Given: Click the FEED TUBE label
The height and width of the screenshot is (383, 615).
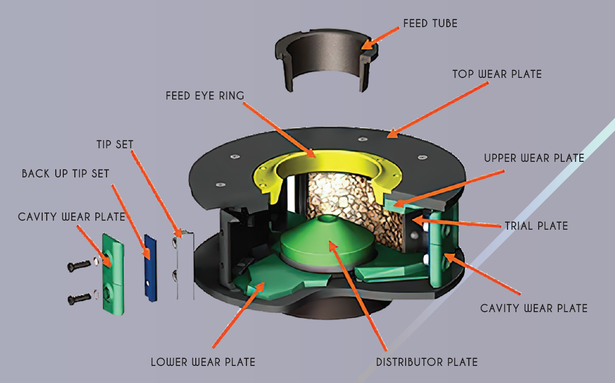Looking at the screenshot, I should pyautogui.click(x=430, y=23).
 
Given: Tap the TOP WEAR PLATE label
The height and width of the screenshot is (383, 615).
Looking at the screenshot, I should pyautogui.click(x=497, y=74).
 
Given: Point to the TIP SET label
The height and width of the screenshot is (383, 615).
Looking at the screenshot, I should pyautogui.click(x=115, y=145).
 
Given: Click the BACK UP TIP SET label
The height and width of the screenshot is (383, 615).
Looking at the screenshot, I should pyautogui.click(x=65, y=174).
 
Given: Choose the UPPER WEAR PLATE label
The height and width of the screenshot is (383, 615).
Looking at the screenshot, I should pyautogui.click(x=534, y=158).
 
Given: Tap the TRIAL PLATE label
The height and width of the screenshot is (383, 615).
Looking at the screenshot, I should pyautogui.click(x=537, y=226).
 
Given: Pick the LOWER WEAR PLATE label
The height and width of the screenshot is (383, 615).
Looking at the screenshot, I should pyautogui.click(x=203, y=362).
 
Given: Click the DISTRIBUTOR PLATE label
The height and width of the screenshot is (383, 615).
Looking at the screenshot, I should pyautogui.click(x=427, y=362).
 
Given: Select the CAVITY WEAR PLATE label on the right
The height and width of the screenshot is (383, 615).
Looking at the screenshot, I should pyautogui.click(x=534, y=308).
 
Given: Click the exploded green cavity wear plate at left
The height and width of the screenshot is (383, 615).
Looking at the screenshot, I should pyautogui.click(x=113, y=274).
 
